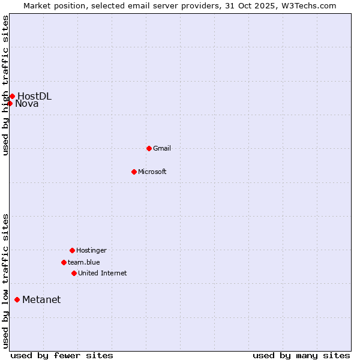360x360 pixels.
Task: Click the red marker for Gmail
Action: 149,148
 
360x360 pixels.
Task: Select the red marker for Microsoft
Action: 134,172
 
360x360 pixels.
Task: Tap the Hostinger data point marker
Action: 72,250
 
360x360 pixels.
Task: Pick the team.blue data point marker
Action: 64,262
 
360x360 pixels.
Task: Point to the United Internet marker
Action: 74,273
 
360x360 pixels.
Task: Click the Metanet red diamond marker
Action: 17,299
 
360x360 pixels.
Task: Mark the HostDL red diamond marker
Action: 12,96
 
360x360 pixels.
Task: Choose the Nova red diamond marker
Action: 10,103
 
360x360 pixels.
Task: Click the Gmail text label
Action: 162,148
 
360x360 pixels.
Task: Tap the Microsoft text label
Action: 152,172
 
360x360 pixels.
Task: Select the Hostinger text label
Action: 91,250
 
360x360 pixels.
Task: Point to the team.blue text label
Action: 84,262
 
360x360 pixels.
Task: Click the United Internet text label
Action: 103,273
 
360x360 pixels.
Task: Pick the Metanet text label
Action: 41,300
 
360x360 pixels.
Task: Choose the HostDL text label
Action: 35,96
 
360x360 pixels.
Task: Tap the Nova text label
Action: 27,104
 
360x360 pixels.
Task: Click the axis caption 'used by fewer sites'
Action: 62,355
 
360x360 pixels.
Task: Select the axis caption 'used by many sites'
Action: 301,355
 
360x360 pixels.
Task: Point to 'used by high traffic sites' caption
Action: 5,85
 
